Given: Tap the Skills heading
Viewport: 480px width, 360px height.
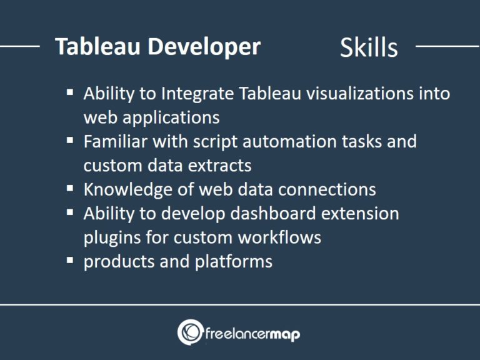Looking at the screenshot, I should coord(369,48).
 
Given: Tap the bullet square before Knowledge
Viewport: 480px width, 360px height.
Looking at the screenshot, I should coord(70,188).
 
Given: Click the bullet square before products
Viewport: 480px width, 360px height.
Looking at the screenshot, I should coord(70,260).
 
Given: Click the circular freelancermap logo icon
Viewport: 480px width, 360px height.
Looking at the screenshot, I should coord(189,332).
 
